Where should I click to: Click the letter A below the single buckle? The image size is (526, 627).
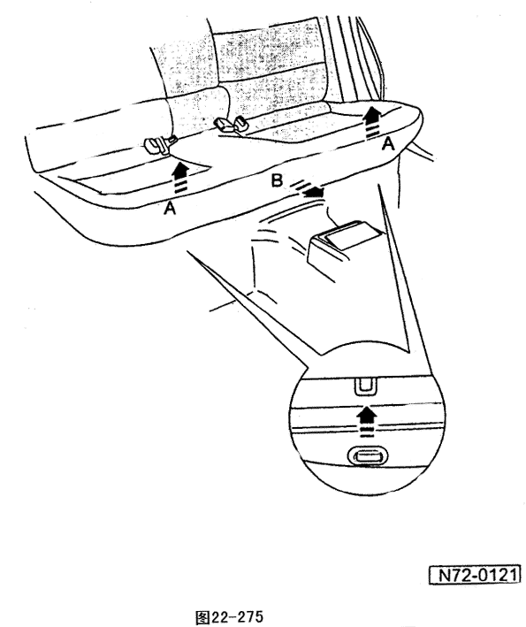[x=170, y=208]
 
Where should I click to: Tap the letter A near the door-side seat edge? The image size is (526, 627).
[x=388, y=143]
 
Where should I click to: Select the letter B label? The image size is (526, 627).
[x=277, y=180]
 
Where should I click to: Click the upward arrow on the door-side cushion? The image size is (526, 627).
[x=373, y=123]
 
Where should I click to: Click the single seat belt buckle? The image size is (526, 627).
[x=158, y=144]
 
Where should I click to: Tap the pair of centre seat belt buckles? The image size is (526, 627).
[x=232, y=124]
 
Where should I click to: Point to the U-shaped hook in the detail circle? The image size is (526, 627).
[x=365, y=386]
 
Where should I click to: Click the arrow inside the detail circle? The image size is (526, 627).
[x=367, y=420]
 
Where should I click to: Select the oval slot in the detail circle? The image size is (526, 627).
[x=368, y=456]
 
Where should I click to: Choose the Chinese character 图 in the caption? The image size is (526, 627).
[x=202, y=616]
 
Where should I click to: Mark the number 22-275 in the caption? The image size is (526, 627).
[x=237, y=616]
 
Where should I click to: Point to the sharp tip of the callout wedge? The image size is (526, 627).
[x=187, y=252]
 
